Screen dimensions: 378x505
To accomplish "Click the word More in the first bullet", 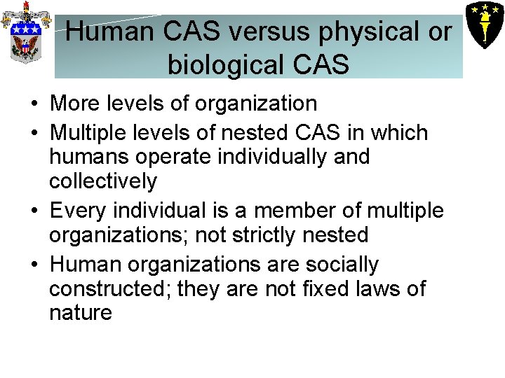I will tap(75, 104).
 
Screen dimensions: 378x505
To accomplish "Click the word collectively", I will tap(103, 181).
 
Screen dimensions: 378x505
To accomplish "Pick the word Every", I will tap(77, 210).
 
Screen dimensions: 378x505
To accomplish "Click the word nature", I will tap(80, 313).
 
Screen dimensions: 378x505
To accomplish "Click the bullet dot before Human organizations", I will tap(34, 265).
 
